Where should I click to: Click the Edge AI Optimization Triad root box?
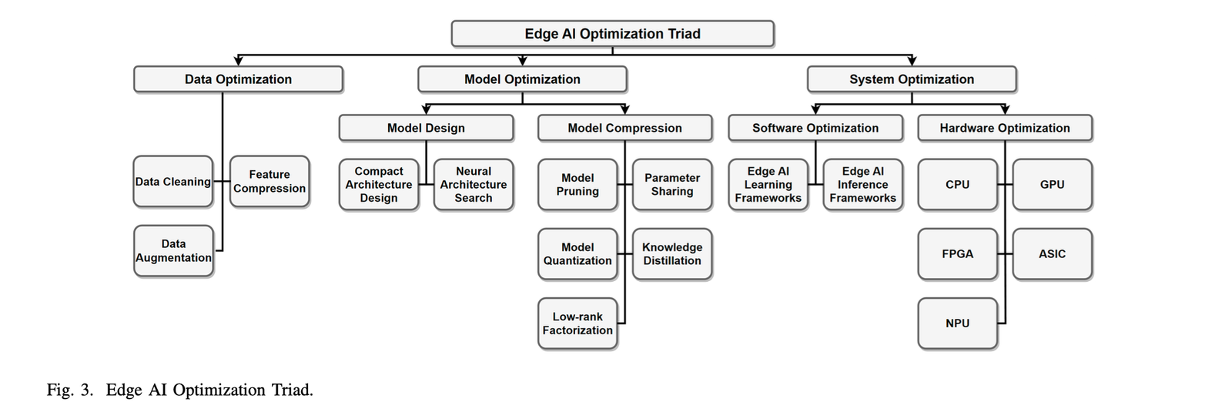612,34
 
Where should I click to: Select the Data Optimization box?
238,79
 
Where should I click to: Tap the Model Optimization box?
522,79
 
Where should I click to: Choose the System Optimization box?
912,79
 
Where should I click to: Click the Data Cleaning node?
173,182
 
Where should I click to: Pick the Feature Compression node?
269,182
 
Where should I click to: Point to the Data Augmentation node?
173,251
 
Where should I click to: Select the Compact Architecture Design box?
379,185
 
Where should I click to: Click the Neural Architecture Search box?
474,185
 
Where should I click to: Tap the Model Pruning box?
577,185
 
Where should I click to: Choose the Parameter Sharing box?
672,185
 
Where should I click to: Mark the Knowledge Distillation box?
672,254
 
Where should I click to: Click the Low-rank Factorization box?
577,323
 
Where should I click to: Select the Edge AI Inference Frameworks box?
862,185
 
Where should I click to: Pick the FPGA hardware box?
957,254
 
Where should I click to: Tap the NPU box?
957,323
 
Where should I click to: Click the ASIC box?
1052,254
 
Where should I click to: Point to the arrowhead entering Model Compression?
624,110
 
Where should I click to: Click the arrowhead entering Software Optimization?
815,110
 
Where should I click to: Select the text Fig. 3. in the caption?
70,390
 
